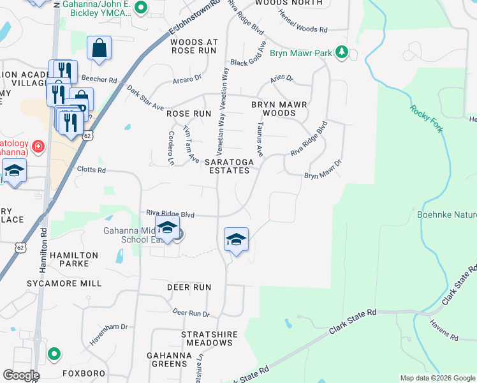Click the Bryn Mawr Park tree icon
tap(342, 53)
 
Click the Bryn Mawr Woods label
tap(279, 109)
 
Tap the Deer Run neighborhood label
tap(189, 287)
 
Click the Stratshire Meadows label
tap(209, 338)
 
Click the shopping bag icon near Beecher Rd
tap(99, 48)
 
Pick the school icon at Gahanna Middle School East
tap(167, 228)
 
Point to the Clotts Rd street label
tap(89, 170)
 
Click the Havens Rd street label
tap(444, 329)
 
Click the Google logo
tap(21, 375)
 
